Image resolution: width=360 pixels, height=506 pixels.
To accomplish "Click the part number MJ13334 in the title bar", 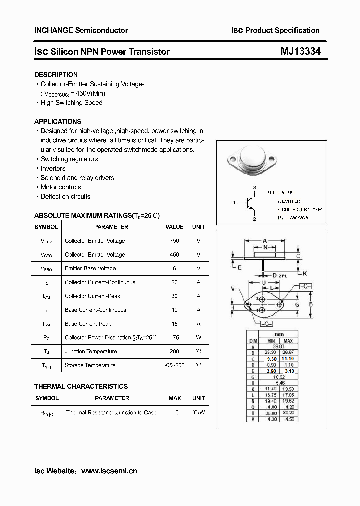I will (x=300, y=51).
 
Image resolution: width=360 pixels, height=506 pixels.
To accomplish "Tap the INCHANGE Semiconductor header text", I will (x=81, y=30).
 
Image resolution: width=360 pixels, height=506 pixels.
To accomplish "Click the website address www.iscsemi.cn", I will (x=109, y=470).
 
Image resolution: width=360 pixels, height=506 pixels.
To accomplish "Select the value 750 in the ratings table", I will (x=174, y=241).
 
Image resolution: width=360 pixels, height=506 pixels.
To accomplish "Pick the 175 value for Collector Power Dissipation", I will (x=174, y=338).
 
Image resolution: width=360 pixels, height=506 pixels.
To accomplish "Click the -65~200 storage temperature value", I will (x=174, y=365).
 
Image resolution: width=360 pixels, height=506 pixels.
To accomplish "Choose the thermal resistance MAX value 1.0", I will (x=175, y=413).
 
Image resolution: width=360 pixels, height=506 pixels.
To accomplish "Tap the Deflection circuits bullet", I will (x=65, y=197).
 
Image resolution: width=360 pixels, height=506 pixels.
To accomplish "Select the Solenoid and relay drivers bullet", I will (x=77, y=178).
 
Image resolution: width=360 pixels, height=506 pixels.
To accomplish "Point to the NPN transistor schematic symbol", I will (x=249, y=203).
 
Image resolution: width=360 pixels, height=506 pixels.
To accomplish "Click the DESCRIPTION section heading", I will (x=56, y=75).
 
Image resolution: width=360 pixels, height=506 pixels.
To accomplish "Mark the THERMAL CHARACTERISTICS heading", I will (x=81, y=386).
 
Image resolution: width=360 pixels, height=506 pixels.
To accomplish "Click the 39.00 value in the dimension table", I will (x=278, y=346).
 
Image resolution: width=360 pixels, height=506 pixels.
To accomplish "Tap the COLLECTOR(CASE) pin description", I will (x=295, y=210).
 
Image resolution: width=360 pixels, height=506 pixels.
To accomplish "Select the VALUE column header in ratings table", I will (x=174, y=227).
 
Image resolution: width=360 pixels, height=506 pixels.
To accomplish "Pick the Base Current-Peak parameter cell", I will (x=88, y=324).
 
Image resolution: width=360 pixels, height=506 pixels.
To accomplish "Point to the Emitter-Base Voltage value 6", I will (x=174, y=268).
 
